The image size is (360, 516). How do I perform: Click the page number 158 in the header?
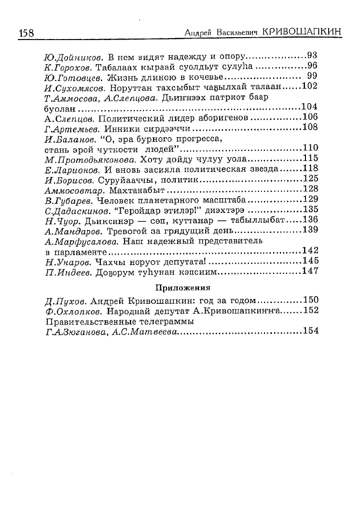click(x=26, y=33)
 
